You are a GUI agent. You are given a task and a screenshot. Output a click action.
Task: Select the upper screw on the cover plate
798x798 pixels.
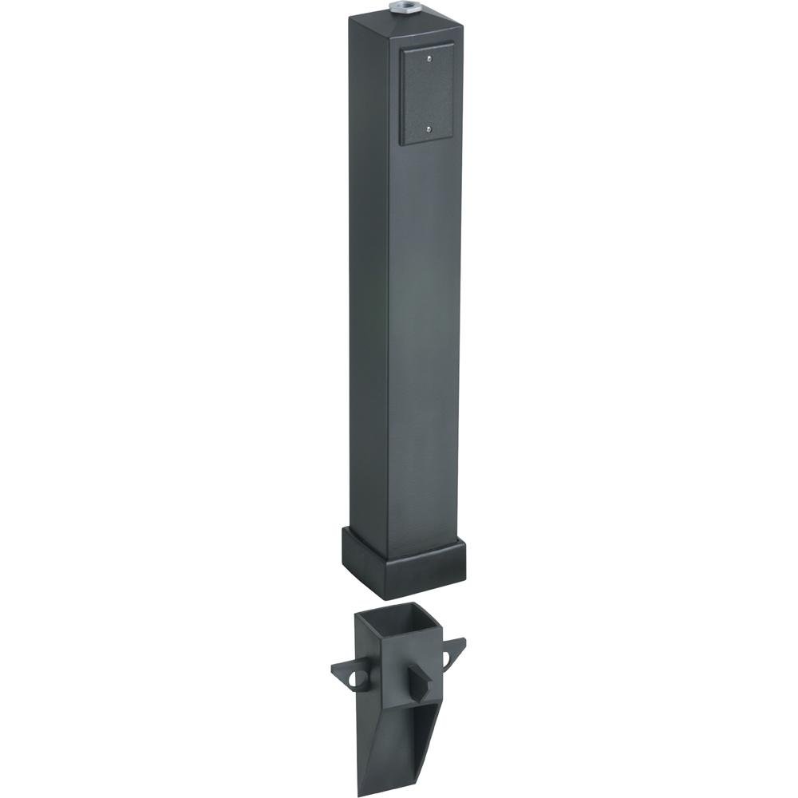(x=429, y=57)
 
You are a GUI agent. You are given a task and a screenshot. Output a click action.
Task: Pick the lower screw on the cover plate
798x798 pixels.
(x=429, y=127)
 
